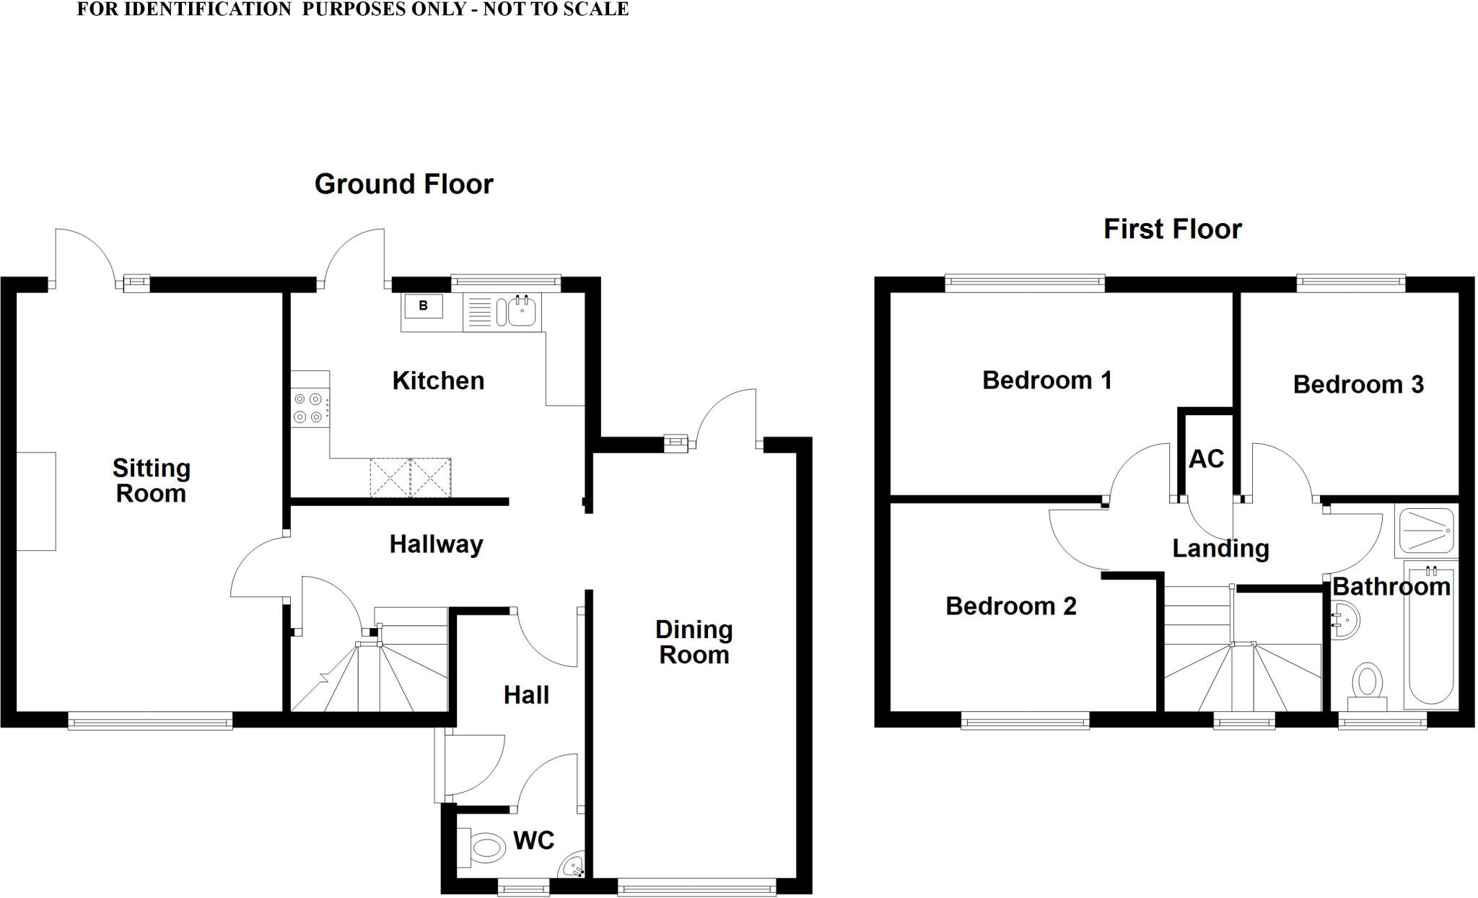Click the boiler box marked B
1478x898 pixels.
coord(424,306)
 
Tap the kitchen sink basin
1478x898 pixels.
coord(521,312)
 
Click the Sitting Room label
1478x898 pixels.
coord(152,481)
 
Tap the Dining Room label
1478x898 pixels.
coord(694,642)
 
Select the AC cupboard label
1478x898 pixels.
coord(1206,458)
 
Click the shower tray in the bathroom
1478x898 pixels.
coord(1426,531)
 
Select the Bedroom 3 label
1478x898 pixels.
coord(1357,384)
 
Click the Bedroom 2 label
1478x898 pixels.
coord(1010,606)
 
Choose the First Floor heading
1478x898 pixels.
coord(1172,229)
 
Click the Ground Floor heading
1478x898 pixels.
coord(403,184)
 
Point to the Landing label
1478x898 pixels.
coord(1220,549)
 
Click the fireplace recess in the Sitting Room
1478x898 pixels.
coord(35,501)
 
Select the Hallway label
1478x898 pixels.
coord(436,544)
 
